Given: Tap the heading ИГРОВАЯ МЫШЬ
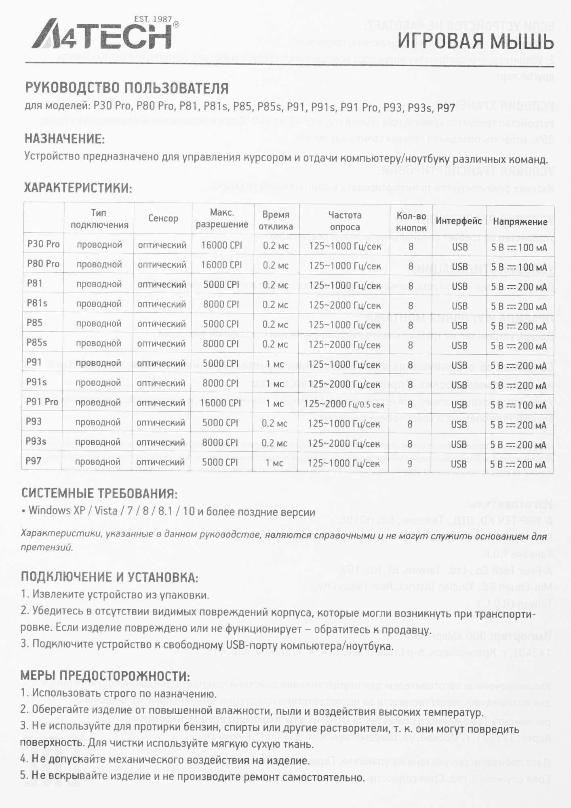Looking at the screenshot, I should (475, 42).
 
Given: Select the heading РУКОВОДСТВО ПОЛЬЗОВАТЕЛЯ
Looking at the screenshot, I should (126, 88).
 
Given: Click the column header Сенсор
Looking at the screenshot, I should (163, 219).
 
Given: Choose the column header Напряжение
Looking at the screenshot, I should (520, 221).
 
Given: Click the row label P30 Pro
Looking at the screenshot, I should (43, 244).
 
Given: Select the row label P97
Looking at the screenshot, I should (34, 461).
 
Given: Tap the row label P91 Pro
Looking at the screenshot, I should (42, 402).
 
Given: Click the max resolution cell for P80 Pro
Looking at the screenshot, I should (221, 265).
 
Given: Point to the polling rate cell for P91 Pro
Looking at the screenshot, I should (344, 404).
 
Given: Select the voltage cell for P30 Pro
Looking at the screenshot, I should (519, 247).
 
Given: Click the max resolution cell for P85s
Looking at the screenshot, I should (221, 344).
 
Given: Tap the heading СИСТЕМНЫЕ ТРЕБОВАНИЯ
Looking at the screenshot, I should (99, 493).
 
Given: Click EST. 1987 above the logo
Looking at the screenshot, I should (153, 19).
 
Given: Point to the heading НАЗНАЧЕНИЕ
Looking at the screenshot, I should (65, 139).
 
